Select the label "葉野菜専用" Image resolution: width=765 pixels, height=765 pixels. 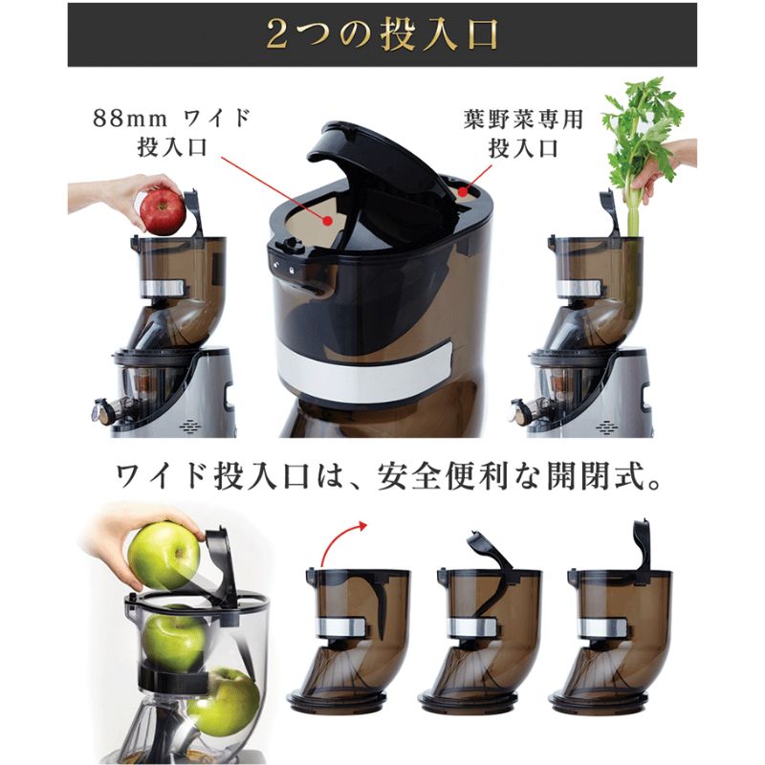click(x=523, y=120)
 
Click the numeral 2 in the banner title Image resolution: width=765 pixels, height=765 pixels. click(x=277, y=34)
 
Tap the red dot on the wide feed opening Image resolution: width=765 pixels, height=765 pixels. click(x=328, y=221)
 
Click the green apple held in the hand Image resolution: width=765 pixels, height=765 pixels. click(x=164, y=556)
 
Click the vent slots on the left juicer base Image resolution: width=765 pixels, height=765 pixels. click(x=190, y=426)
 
